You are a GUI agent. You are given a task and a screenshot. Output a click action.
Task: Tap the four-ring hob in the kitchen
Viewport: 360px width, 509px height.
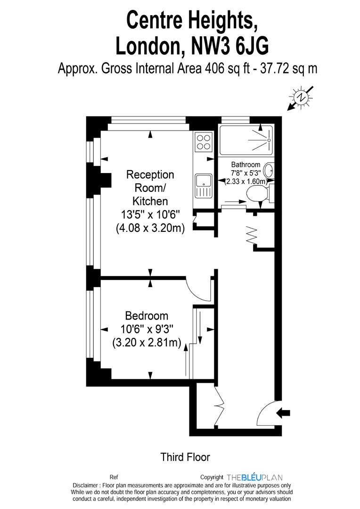[x=204, y=142]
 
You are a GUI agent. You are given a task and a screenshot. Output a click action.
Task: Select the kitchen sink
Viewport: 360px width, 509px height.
[x=203, y=184]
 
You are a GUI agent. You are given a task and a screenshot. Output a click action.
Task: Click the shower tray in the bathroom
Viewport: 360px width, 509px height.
[x=245, y=140]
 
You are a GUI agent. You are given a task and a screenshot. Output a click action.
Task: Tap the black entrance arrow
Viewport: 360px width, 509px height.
[x=283, y=413]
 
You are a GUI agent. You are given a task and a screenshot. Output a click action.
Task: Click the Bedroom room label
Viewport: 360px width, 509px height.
[x=146, y=316]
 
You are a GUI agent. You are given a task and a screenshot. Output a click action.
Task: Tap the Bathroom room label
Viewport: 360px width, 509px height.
[x=245, y=164]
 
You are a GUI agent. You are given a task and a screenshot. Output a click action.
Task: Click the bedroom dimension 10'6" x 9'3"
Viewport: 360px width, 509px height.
[x=146, y=329]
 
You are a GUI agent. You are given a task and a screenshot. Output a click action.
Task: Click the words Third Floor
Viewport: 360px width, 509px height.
[x=185, y=457]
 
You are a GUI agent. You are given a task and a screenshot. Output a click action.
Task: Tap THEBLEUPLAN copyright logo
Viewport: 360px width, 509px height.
[x=254, y=477]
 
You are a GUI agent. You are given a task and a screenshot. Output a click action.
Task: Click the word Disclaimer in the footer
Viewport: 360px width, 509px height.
[x=86, y=485]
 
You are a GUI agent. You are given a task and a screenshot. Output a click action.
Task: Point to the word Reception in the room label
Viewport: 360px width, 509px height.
[x=150, y=175]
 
